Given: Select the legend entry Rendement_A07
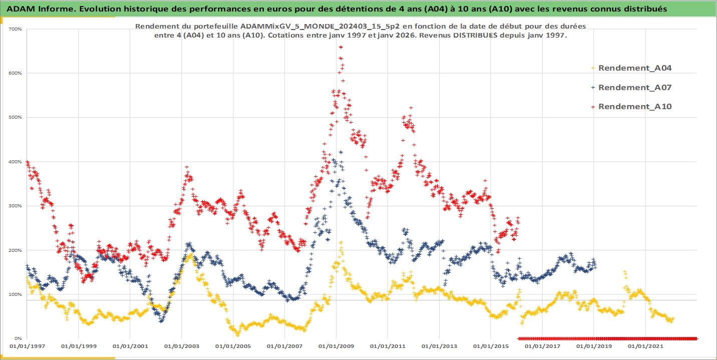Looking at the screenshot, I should coord(634,87).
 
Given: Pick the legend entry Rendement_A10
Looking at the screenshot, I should coord(634,106).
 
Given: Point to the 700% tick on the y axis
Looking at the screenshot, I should coord(16,29).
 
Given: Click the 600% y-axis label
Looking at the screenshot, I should coord(16,73).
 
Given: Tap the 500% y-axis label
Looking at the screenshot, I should coord(16,117).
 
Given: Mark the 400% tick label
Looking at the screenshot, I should coord(16,162).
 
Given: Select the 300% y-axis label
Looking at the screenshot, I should coord(16,206).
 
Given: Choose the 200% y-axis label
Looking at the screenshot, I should coord(16,250).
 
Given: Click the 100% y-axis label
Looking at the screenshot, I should coord(16,294).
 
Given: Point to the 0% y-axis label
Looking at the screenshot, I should coord(18,338).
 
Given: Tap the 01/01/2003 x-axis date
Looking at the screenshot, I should coord(181,346).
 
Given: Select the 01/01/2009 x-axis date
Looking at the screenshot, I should coord(335,346).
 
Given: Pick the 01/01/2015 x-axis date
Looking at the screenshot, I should coord(490,346).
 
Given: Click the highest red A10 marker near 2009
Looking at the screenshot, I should coord(340,47).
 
